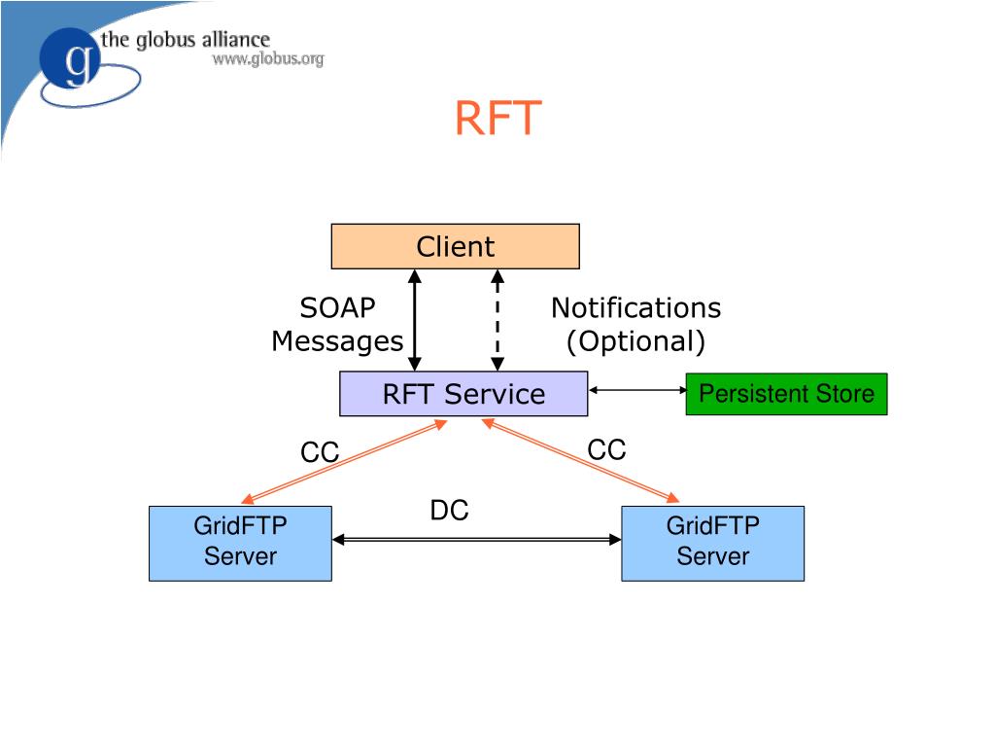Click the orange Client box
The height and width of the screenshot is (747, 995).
coord(455,246)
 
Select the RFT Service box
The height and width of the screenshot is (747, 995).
coord(463,394)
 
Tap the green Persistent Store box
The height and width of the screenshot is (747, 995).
coord(786,394)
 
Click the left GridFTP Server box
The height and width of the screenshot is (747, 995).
coord(241,543)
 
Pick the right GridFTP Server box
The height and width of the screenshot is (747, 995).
coord(712,543)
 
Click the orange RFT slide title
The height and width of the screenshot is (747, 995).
coord(498,118)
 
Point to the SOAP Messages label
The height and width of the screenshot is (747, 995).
coord(337,325)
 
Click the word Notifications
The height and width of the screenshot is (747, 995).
coord(635,308)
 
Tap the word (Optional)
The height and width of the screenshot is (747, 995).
coord(635,341)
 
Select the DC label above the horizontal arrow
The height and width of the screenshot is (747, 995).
coord(449,510)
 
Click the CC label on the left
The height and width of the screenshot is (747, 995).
coord(320,453)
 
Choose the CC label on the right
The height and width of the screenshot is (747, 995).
coord(606,449)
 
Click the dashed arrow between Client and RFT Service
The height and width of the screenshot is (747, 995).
coord(497,320)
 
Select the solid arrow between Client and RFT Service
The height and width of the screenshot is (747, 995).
coord(415,320)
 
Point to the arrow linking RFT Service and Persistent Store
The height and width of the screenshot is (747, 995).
coord(637,390)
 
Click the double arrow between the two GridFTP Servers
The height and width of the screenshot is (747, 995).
coord(476,539)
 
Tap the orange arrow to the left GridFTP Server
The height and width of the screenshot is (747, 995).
coord(344,462)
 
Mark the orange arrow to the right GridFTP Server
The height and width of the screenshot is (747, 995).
coord(581,460)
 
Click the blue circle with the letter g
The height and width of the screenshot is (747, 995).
coord(70,58)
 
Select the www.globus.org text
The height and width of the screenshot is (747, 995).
coord(268,59)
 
